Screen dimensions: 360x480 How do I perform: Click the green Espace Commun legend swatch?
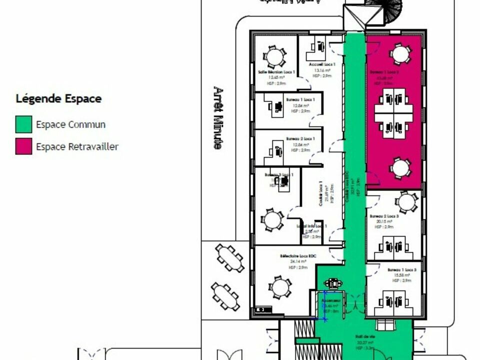[24, 124]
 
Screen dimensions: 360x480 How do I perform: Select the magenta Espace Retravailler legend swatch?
[24, 146]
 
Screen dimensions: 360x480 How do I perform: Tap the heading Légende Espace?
[58, 98]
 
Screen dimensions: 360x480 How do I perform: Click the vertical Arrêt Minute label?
[217, 118]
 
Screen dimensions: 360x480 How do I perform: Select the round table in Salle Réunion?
[273, 56]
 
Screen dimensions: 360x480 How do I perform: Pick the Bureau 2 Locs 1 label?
[300, 138]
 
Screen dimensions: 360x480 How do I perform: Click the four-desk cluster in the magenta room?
[394, 113]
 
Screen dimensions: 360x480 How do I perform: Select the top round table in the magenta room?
[400, 54]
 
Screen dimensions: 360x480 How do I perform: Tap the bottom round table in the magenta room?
[400, 168]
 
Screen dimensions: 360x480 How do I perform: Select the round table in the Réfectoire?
[279, 287]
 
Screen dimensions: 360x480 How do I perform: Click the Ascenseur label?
[330, 300]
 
